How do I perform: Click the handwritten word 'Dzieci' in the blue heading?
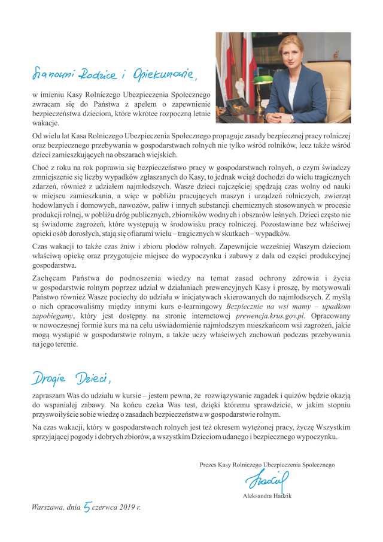click(x=93, y=378)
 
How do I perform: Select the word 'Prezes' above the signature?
click(x=209, y=465)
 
